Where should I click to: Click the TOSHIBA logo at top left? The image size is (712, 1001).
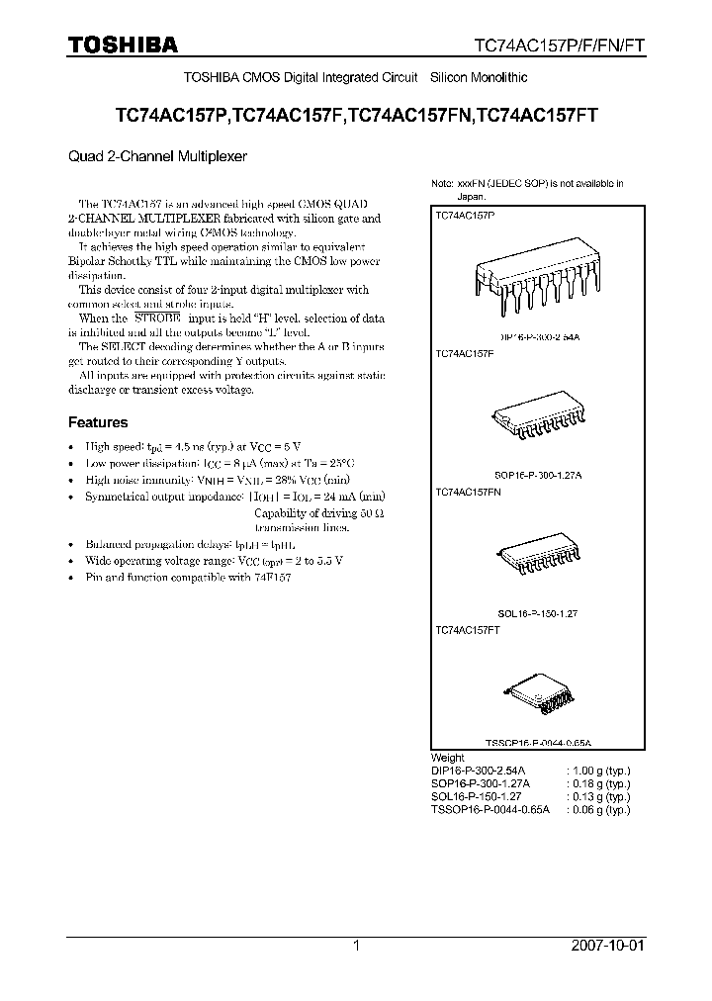click(x=123, y=45)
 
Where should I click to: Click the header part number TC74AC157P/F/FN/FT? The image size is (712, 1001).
click(x=560, y=45)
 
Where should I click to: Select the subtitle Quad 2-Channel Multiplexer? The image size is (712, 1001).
click(x=157, y=155)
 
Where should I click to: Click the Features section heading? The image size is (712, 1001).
click(x=97, y=421)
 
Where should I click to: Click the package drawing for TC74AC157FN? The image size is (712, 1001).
click(x=535, y=556)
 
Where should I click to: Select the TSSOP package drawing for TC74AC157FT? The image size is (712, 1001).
click(x=537, y=697)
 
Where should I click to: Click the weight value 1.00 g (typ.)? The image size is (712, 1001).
click(x=597, y=770)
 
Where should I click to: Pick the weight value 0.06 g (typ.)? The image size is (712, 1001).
click(x=597, y=808)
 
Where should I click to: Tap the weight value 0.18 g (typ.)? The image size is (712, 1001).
click(x=597, y=782)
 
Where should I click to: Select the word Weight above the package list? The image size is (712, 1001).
click(x=448, y=758)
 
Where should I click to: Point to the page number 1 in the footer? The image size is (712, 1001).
click(x=356, y=946)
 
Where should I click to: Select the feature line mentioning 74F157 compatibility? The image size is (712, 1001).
click(x=188, y=577)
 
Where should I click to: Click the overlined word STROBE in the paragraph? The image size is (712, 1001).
click(x=154, y=318)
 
